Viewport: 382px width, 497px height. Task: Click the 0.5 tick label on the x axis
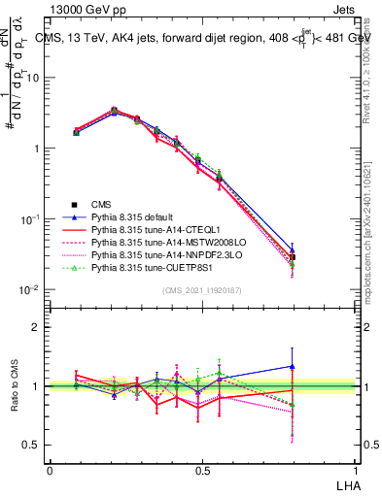(x=200, y=469)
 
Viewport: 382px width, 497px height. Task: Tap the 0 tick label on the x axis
(x=50, y=469)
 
